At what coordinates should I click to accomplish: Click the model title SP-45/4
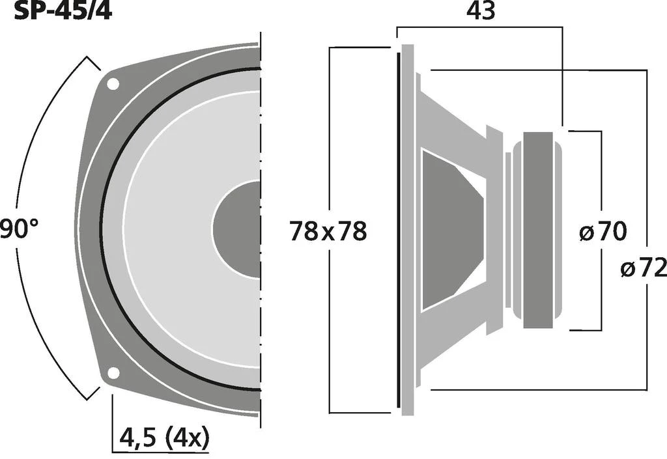tap(63, 10)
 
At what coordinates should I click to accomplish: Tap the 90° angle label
tap(19, 229)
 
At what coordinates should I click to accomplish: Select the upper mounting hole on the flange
tap(113, 84)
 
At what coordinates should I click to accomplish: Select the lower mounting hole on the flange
tap(113, 373)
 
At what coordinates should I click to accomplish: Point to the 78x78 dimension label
tap(328, 232)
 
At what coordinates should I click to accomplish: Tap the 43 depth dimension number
tap(481, 11)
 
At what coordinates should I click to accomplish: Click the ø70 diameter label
tap(603, 232)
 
